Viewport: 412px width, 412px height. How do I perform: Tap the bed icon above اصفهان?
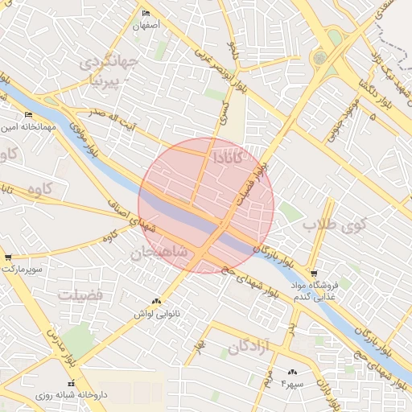click(146, 14)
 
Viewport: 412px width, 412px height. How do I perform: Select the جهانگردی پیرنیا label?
click(109, 71)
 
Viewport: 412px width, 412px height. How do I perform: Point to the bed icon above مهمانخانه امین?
click(29, 114)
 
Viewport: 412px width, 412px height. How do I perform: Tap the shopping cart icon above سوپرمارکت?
click(8, 257)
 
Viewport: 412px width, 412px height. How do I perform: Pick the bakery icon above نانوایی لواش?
click(156, 301)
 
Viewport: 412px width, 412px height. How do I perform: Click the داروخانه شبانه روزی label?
click(72, 395)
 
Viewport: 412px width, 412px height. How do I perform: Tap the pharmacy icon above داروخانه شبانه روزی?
click(72, 383)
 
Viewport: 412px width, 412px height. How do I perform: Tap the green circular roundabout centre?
click(320, 58)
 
